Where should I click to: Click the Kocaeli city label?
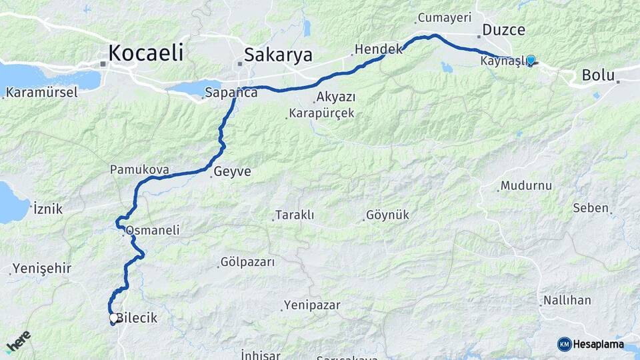(x=145, y=53)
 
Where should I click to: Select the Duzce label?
(x=503, y=30)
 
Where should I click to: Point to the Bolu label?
(x=598, y=75)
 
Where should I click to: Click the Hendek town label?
(x=379, y=49)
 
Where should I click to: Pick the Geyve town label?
(x=233, y=171)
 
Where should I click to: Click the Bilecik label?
(x=137, y=318)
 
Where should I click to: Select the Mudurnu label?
(x=527, y=185)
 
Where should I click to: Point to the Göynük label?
(x=388, y=215)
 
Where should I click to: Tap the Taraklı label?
(x=295, y=215)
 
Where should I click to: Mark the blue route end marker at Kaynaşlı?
(x=531, y=60)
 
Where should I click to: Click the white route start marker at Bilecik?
(x=114, y=318)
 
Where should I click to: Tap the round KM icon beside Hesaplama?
(x=564, y=344)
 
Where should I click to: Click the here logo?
(x=19, y=341)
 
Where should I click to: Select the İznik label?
(x=48, y=209)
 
